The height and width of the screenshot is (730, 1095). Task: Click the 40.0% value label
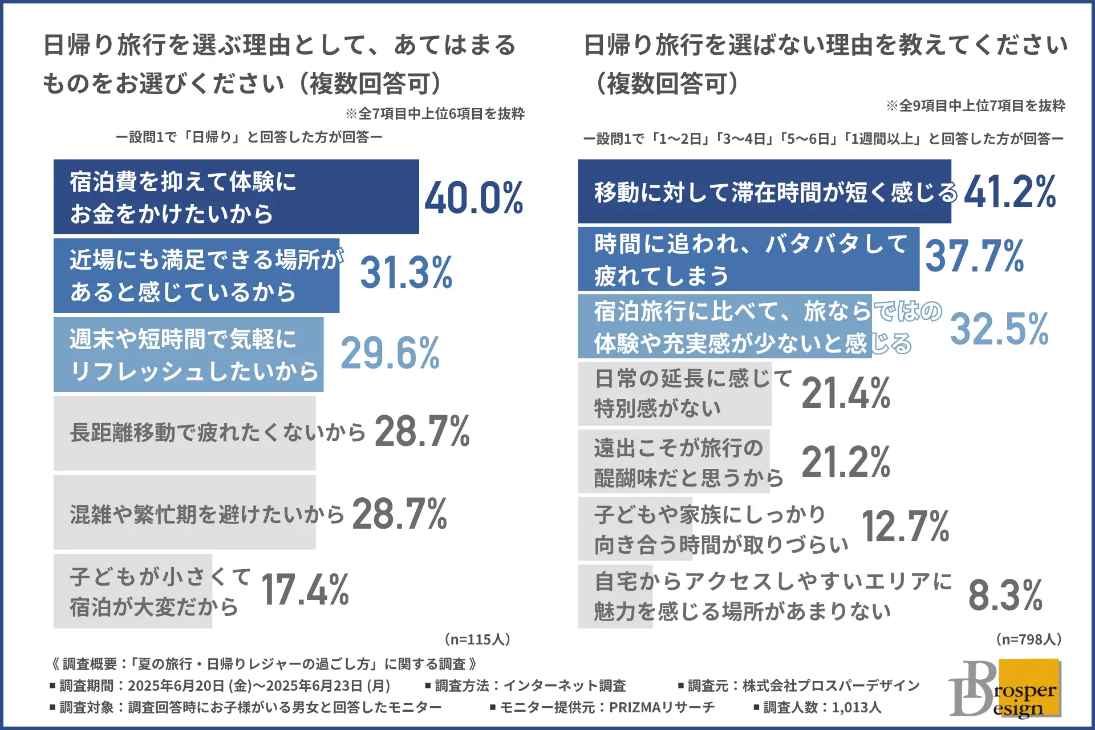tap(474, 198)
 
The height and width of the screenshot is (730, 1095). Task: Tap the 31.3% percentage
tap(406, 273)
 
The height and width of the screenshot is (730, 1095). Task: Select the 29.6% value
tap(390, 354)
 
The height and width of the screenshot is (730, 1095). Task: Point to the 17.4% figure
tap(305, 590)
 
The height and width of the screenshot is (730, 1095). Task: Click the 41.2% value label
tap(1009, 192)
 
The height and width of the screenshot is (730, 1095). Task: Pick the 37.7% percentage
tap(974, 256)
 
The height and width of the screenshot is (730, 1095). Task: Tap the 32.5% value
tap(999, 329)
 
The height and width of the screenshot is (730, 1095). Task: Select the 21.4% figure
tap(846, 394)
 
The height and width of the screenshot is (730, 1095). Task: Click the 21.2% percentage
tap(846, 462)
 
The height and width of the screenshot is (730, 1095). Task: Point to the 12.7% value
tap(905, 526)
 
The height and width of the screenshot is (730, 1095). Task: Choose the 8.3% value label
tap(1005, 595)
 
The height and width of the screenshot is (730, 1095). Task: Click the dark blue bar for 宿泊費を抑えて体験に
tap(236, 197)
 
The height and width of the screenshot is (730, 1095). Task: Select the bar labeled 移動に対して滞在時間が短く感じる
tap(764, 192)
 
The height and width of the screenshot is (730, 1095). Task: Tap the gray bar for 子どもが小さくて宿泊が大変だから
tap(133, 591)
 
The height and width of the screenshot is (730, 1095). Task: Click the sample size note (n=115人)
tap(477, 639)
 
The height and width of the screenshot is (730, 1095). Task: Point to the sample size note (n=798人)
tap(1029, 639)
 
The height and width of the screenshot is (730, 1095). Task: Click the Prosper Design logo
tap(1005, 688)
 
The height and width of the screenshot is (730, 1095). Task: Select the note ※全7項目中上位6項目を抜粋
tap(435, 114)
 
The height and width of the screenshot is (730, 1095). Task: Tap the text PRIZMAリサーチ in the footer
tap(662, 708)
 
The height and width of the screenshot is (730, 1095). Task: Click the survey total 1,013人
tap(856, 708)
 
